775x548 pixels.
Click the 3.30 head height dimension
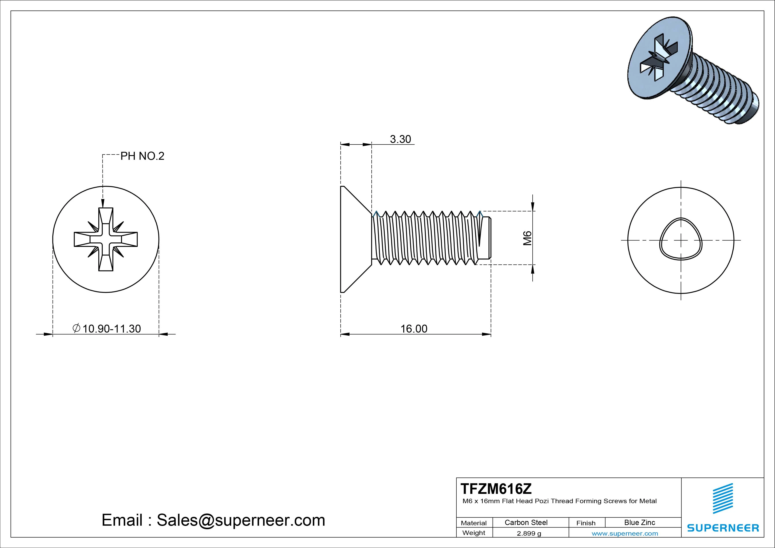coord(400,139)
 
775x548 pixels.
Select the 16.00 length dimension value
coord(414,329)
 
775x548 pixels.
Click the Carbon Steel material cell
coord(526,522)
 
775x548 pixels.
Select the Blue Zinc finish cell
coord(639,522)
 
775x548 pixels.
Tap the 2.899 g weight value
coord(529,533)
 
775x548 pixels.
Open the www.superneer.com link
coord(625,533)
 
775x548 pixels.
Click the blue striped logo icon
coord(723,498)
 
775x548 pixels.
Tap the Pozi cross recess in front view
coord(106,239)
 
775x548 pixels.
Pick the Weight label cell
coord(474,533)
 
